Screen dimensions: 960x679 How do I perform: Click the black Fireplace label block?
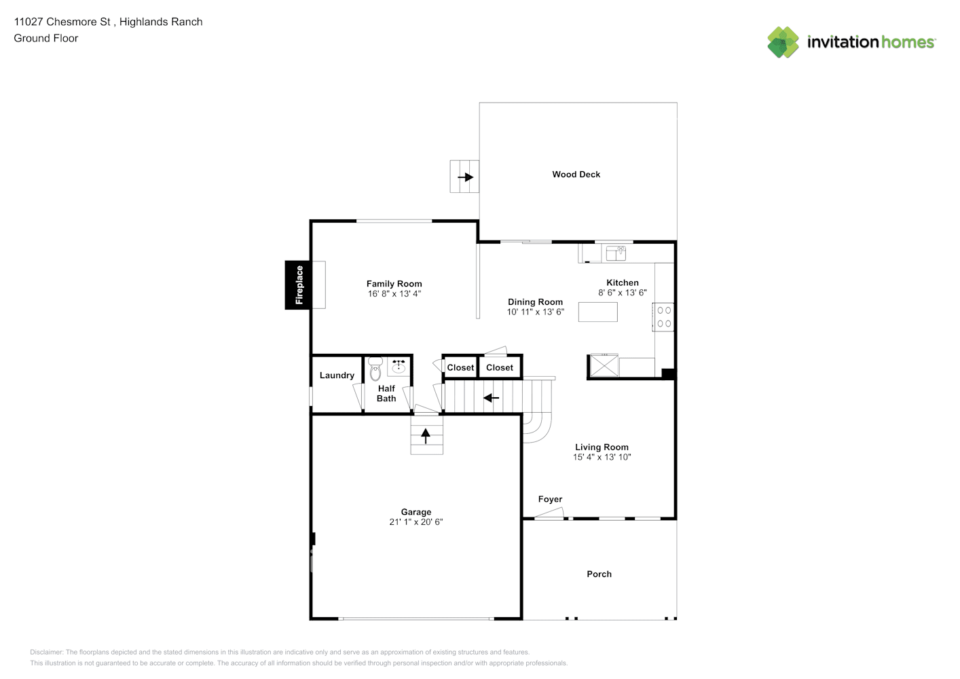(x=298, y=285)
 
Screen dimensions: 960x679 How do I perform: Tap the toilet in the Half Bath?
(x=375, y=369)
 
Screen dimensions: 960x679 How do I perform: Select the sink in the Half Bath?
(x=399, y=367)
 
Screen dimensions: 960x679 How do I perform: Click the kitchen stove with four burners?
(x=663, y=317)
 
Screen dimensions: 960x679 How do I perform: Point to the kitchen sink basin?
(x=616, y=253)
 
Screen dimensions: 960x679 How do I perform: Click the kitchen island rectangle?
(x=598, y=312)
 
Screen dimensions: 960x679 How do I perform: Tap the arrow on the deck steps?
(x=466, y=177)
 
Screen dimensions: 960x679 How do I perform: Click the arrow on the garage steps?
(x=426, y=436)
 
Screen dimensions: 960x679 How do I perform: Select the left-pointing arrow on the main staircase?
(x=491, y=398)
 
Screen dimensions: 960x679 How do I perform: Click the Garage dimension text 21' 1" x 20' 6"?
(x=416, y=521)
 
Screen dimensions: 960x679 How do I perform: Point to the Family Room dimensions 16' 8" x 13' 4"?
(x=394, y=293)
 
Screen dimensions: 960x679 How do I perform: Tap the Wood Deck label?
(x=576, y=175)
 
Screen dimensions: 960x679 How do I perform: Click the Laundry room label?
(x=337, y=375)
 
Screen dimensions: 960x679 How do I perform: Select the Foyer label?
(x=551, y=499)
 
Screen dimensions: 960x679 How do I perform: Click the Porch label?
(x=599, y=574)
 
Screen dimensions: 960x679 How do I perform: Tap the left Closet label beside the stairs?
(x=461, y=368)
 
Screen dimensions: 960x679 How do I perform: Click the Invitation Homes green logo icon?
(x=783, y=42)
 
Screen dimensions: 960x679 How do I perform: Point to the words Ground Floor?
(x=46, y=38)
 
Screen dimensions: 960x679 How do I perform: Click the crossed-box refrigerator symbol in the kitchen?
(x=604, y=365)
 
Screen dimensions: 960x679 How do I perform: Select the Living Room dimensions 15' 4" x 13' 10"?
(x=602, y=457)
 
